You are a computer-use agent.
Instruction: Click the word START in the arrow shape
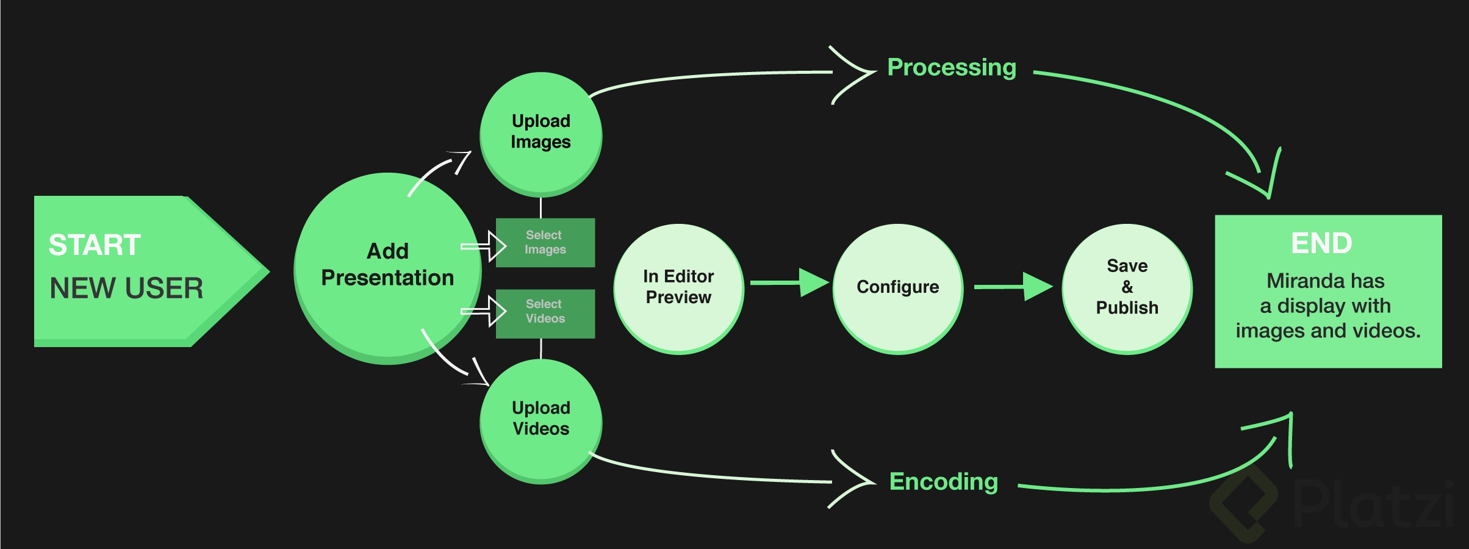(x=95, y=245)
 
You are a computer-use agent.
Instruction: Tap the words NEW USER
(x=126, y=288)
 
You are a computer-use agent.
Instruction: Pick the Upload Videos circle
(x=541, y=419)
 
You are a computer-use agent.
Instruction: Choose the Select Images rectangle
(x=545, y=243)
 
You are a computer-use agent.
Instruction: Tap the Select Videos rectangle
(x=545, y=312)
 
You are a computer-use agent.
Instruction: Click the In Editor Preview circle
(x=678, y=287)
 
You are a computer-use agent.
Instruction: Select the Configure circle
(x=897, y=287)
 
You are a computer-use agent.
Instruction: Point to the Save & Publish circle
(x=1127, y=287)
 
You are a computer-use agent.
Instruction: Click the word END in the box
(x=1321, y=243)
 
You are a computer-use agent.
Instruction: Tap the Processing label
(x=951, y=67)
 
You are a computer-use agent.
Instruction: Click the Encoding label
(x=943, y=482)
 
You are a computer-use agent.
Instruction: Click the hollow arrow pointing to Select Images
(x=484, y=246)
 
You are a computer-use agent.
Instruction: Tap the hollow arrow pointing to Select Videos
(x=484, y=312)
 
